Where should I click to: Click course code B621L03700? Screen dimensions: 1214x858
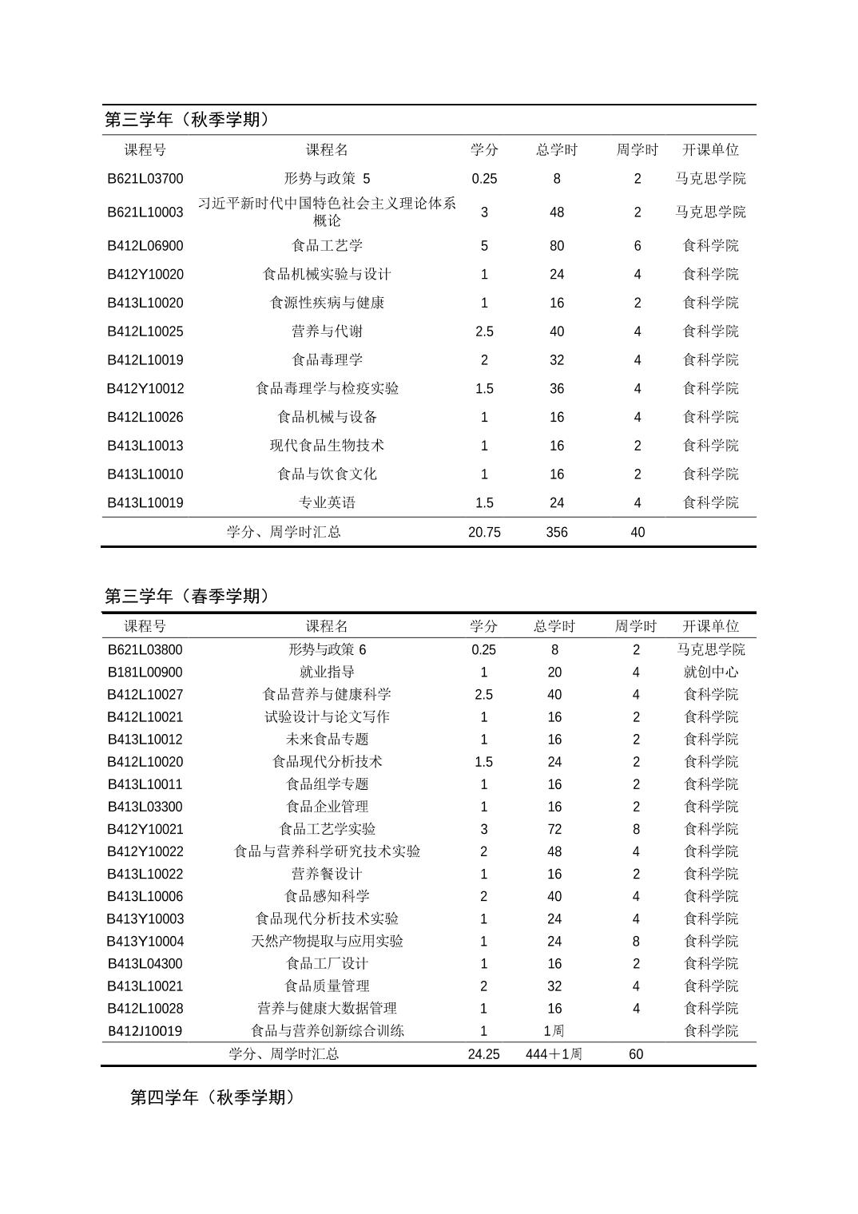click(x=145, y=179)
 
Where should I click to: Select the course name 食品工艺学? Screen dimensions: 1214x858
click(x=327, y=246)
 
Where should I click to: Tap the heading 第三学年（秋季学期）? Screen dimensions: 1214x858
click(x=188, y=120)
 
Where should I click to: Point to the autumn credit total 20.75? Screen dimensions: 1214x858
click(x=484, y=533)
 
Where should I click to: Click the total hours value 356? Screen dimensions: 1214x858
click(x=557, y=533)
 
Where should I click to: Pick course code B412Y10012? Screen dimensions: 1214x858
click(x=145, y=389)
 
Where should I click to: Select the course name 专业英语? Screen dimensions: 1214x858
click(x=327, y=503)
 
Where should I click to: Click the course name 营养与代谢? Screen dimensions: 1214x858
click(x=327, y=331)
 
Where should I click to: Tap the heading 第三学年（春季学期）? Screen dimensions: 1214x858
click(x=188, y=597)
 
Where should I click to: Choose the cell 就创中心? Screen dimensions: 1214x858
click(x=710, y=672)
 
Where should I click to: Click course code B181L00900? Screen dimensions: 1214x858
click(x=145, y=672)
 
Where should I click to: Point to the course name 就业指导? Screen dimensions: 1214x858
click(x=327, y=672)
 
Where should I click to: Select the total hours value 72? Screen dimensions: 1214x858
click(x=554, y=829)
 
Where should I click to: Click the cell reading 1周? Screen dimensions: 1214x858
click(x=554, y=1031)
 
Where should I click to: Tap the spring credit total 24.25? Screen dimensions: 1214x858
click(x=484, y=1054)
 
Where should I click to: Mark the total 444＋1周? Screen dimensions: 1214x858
click(x=554, y=1054)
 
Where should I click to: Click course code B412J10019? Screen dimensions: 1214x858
click(x=145, y=1031)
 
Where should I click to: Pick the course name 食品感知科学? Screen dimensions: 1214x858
click(x=327, y=896)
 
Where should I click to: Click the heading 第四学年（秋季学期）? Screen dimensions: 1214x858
click(x=213, y=1097)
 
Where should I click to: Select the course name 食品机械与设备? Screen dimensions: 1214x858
click(x=327, y=417)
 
